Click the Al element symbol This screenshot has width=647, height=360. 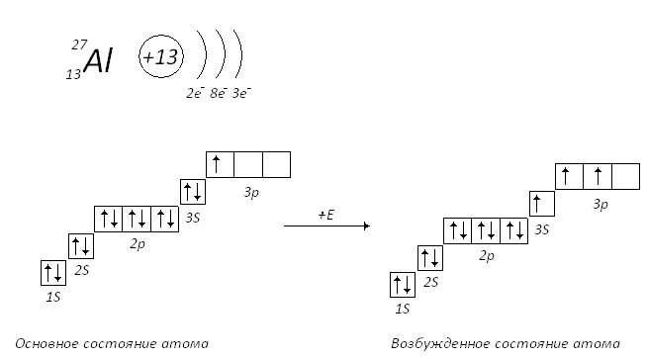coord(98,60)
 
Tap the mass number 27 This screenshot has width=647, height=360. coord(79,45)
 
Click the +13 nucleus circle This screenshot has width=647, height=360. coord(161,56)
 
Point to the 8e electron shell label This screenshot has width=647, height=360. coord(219,93)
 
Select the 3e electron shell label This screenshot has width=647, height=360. coord(241,93)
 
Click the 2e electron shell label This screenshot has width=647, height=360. coord(195,93)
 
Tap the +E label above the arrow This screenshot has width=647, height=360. coord(326,215)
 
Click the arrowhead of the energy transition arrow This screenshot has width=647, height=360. coord(367,225)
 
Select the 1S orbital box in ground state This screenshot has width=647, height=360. coord(53,273)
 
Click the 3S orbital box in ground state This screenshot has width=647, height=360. coord(193,192)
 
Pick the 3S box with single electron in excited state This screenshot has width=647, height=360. coord(542,204)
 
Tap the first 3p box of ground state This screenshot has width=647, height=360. coord(220,164)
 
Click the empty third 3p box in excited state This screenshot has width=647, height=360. coord(625,176)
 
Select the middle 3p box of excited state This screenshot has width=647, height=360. coord(598,176)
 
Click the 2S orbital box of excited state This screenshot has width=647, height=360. coord(430,258)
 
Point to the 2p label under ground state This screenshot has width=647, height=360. coord(138,243)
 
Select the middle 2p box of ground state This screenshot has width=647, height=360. coord(137,219)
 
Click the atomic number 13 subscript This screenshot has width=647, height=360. coord(73,74)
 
